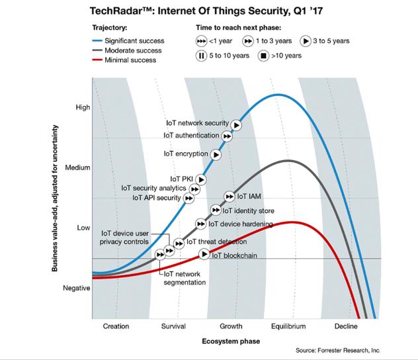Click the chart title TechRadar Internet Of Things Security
pos(205,11)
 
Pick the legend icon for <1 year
pos(201,41)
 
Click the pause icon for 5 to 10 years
pos(201,56)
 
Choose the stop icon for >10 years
pos(263,56)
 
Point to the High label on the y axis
pos(83,107)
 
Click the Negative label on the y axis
pos(77,289)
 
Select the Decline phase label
pos(346,326)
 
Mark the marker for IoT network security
pos(236,124)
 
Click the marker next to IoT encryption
pos(216,154)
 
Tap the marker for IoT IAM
pos(229,197)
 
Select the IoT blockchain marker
pos(204,255)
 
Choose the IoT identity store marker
pos(216,210)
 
